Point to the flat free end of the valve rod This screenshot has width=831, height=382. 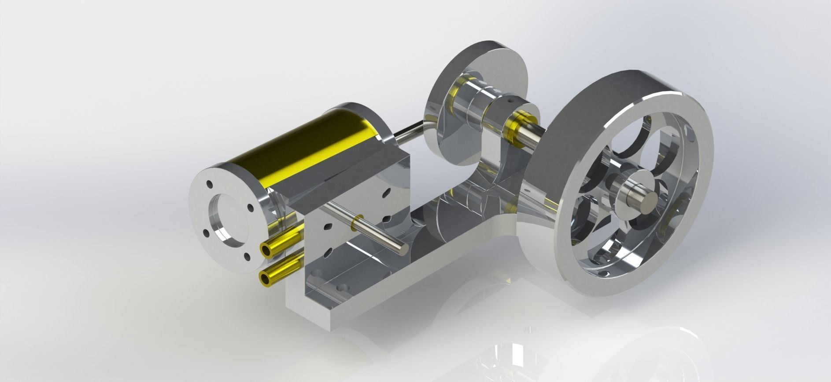coord(402,248)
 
